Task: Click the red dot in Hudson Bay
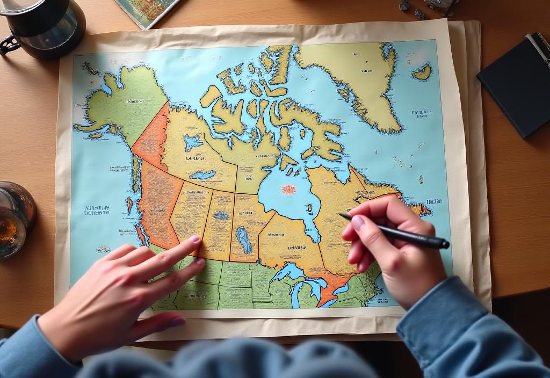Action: pos(289,189)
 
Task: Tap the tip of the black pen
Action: pos(341,215)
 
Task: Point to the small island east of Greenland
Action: pos(423,72)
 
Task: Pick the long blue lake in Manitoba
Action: pos(243,239)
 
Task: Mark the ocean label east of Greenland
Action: pos(421,113)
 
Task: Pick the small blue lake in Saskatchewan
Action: pos(221,215)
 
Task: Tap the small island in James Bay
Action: pos(309,208)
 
